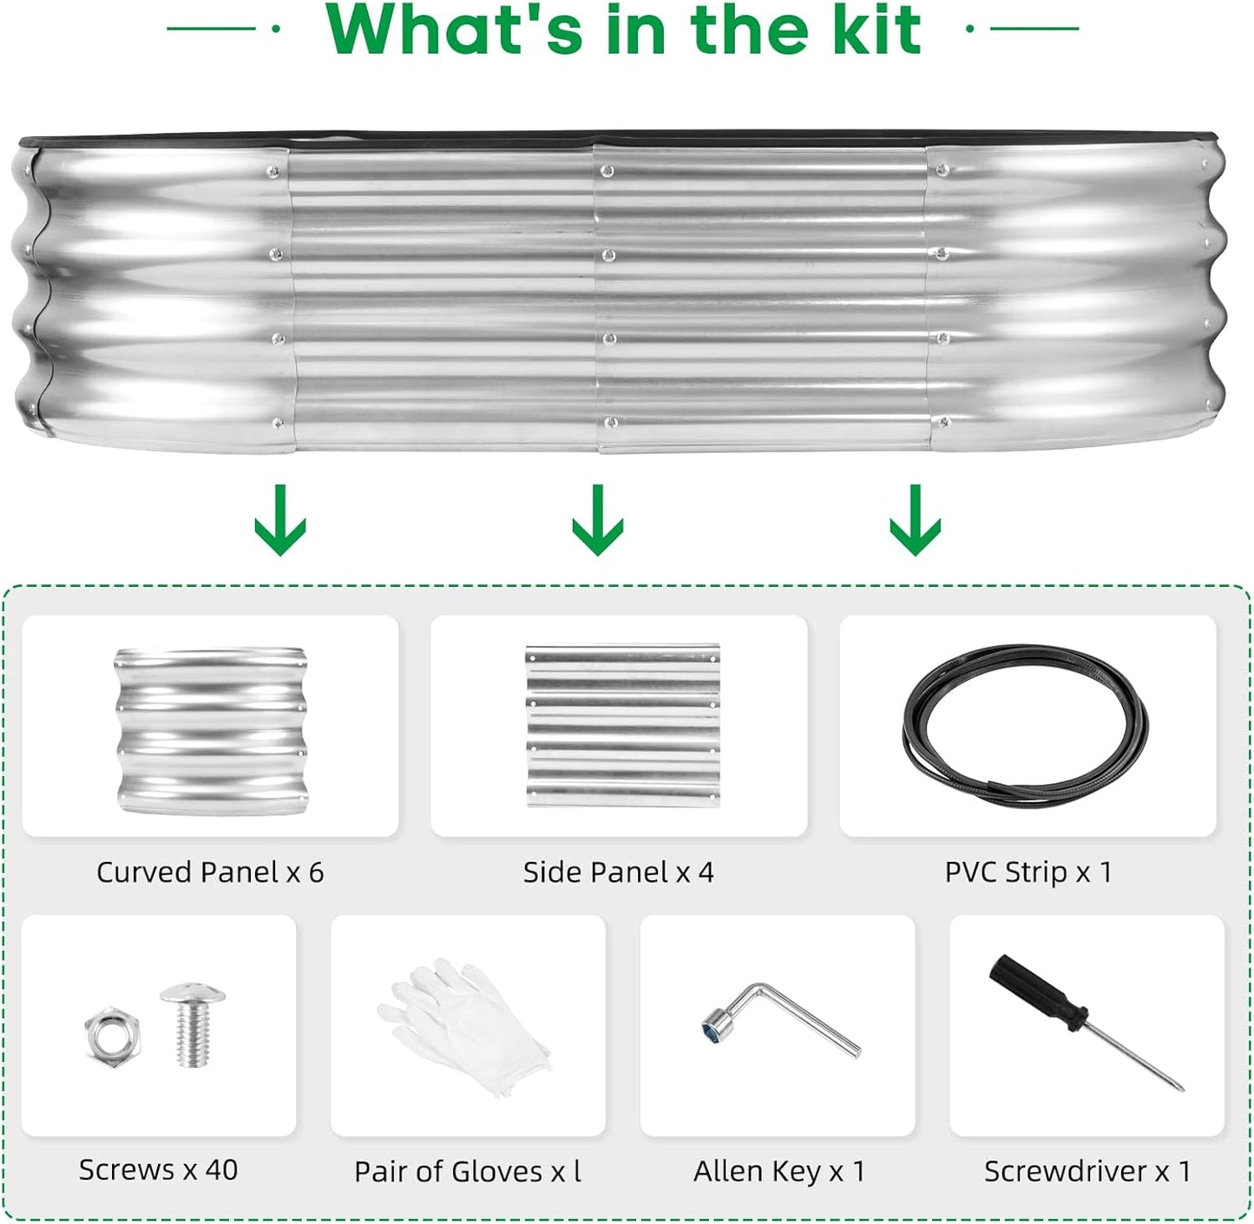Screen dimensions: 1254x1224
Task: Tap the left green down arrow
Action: [x=280, y=519]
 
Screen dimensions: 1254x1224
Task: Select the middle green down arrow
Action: [x=597, y=519]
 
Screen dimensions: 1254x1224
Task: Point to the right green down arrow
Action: [x=915, y=519]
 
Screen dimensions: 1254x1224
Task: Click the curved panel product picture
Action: [x=211, y=731]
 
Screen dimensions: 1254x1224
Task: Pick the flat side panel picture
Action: [x=622, y=725]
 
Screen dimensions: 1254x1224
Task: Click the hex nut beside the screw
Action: [x=112, y=1036]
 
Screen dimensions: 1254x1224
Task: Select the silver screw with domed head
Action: [x=193, y=1025]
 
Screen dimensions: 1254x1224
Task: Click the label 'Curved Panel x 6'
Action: [x=210, y=872]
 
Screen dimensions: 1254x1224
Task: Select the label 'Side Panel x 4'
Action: [x=619, y=872]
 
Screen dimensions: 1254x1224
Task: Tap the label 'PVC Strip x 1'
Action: [x=1028, y=872]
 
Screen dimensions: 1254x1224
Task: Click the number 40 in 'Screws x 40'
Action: [x=221, y=1170]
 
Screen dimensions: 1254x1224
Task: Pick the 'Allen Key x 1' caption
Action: [x=779, y=1172]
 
